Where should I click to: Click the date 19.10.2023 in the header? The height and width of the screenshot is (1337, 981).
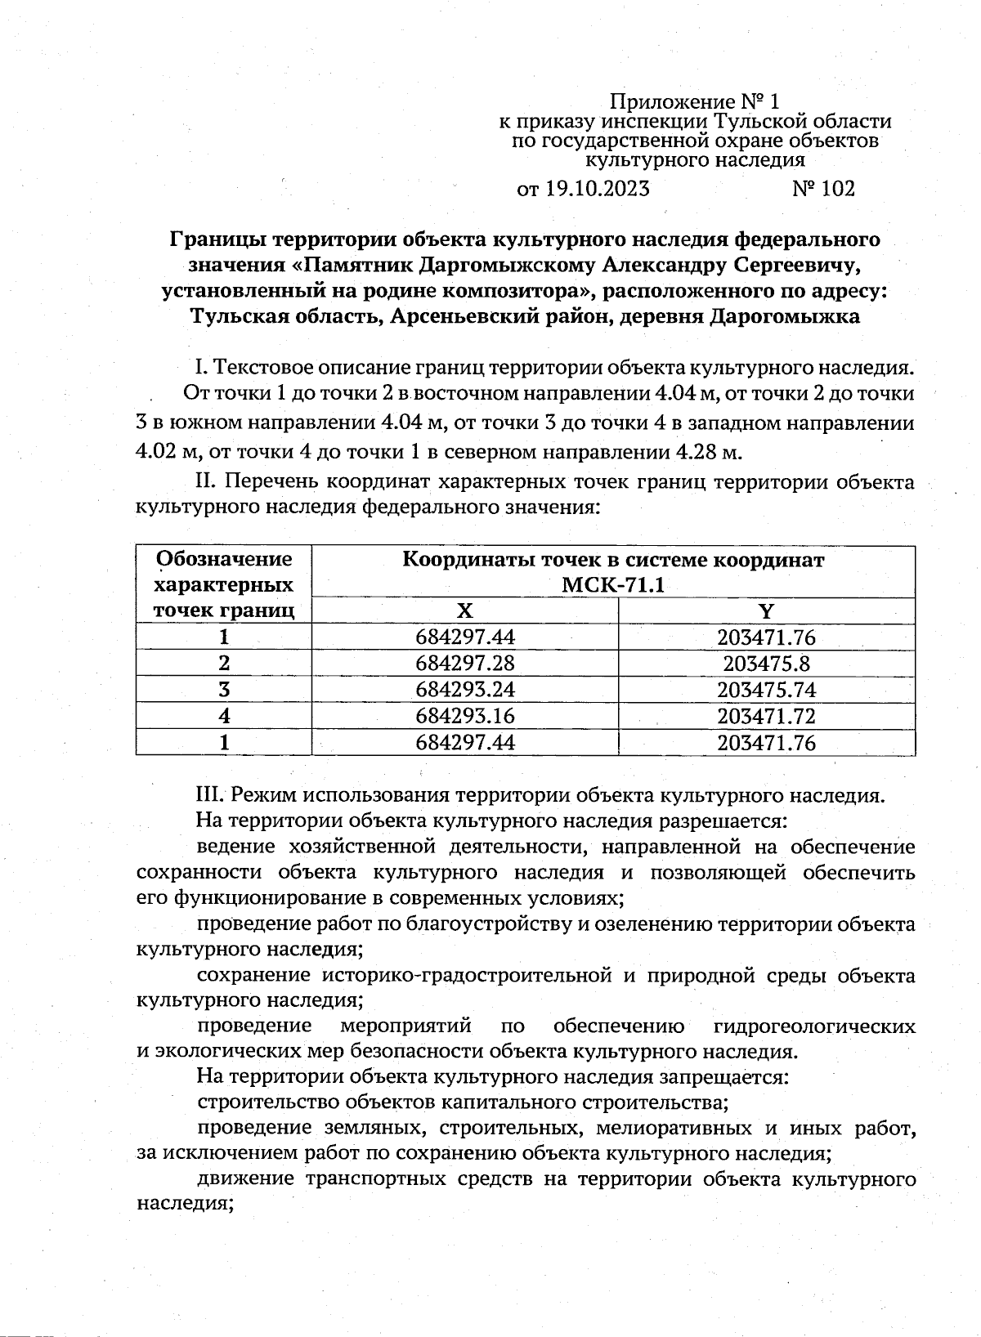(596, 190)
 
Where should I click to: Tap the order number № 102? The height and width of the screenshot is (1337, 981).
(823, 190)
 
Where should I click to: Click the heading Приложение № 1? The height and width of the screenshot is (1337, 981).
(695, 102)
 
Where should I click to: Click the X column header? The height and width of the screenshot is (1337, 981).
(464, 610)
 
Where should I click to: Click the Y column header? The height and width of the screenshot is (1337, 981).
(766, 610)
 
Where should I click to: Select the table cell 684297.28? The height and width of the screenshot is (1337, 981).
(465, 663)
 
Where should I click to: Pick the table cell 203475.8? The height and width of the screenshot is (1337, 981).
(766, 663)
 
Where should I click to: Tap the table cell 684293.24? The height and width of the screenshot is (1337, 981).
(465, 689)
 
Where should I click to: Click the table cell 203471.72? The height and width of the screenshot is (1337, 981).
(766, 716)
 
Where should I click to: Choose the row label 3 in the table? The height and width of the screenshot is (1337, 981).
(224, 689)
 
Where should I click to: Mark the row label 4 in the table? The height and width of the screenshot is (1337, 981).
(224, 716)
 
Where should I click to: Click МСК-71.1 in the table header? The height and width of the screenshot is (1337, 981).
(613, 585)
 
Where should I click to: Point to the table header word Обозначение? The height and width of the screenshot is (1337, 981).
(224, 559)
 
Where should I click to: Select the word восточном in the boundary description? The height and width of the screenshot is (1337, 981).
(459, 393)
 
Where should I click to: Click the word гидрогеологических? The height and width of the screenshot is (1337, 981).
(814, 1026)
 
